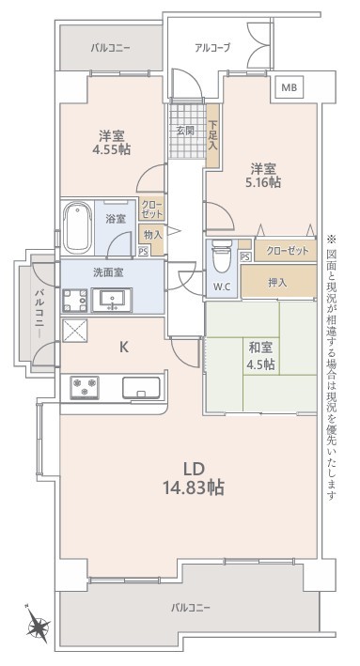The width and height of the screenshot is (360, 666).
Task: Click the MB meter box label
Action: pos(292,88)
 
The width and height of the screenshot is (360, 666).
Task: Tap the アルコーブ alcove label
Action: pos(212,48)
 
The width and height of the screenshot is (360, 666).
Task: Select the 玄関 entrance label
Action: pos(185,131)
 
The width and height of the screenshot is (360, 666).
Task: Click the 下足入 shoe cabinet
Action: pos(212,135)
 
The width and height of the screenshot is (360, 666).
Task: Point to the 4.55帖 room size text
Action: pos(112,149)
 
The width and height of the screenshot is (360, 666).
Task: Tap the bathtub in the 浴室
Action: pos(78,227)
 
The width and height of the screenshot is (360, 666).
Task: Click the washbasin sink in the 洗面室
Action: pos(112,300)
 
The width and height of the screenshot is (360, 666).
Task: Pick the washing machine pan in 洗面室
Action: pos(75,301)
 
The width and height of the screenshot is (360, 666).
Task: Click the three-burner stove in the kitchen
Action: pos(85,388)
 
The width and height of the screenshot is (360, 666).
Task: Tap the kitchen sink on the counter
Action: pos(142,387)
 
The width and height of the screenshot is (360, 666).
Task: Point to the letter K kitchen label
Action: pos(123,348)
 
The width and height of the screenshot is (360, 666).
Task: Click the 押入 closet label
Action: pos(277,283)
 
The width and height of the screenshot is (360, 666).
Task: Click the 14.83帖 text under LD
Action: pos(194,488)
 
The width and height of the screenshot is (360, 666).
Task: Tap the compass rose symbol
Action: pos(39,626)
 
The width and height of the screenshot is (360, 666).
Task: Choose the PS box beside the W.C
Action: pos(244,256)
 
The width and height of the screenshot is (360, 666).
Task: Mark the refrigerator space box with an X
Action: pos(75,331)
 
